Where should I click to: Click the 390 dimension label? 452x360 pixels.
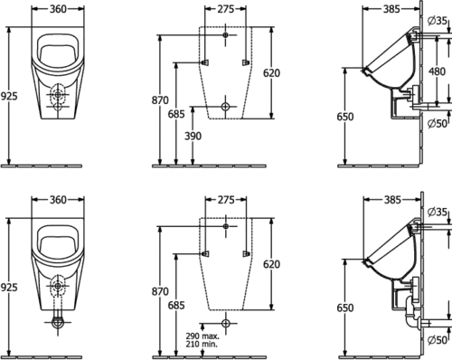pyautogui.click(x=193, y=137)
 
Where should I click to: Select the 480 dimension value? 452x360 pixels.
pyautogui.click(x=437, y=71)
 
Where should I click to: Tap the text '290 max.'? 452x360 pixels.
pyautogui.click(x=202, y=336)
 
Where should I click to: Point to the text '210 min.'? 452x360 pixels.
pyautogui.click(x=202, y=344)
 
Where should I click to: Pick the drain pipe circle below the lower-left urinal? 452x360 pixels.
pyautogui.click(x=58, y=322)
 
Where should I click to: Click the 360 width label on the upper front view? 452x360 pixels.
pyautogui.click(x=58, y=9)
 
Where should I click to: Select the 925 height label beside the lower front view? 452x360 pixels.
pyautogui.click(x=9, y=288)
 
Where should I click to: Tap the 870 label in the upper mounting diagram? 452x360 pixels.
pyautogui.click(x=160, y=100)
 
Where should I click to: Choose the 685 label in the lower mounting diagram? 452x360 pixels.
pyautogui.click(x=176, y=306)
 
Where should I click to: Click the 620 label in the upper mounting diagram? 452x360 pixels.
pyautogui.click(x=271, y=73)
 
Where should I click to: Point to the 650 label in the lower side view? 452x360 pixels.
pyautogui.click(x=345, y=308)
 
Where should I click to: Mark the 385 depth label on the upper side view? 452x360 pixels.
pyautogui.click(x=391, y=9)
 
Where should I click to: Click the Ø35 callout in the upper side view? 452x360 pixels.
pyautogui.click(x=438, y=21)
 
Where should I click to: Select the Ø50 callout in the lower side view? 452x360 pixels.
pyautogui.click(x=438, y=340)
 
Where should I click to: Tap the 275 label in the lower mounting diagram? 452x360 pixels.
pyautogui.click(x=226, y=200)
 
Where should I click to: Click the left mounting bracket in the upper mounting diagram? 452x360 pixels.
pyautogui.click(x=206, y=62)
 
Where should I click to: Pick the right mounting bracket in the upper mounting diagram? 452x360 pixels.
pyautogui.click(x=246, y=62)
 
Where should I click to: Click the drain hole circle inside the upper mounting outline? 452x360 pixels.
pyautogui.click(x=225, y=107)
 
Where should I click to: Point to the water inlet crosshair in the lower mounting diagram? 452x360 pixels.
pyautogui.click(x=226, y=226)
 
